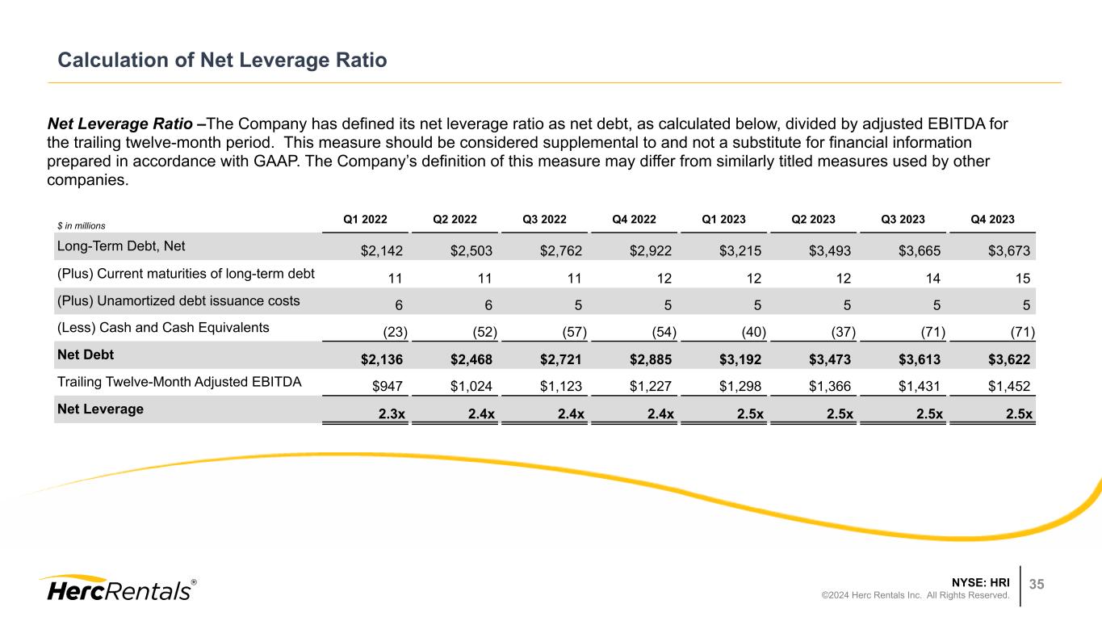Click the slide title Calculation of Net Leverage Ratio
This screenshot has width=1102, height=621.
pos(221,61)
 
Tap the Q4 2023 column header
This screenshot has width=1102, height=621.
pos(994,219)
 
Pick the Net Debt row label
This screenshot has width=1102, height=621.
pos(79,354)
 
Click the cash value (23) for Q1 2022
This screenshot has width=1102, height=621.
pos(393,332)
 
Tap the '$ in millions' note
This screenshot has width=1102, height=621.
pos(82,225)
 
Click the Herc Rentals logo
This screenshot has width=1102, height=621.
pos(117,589)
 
